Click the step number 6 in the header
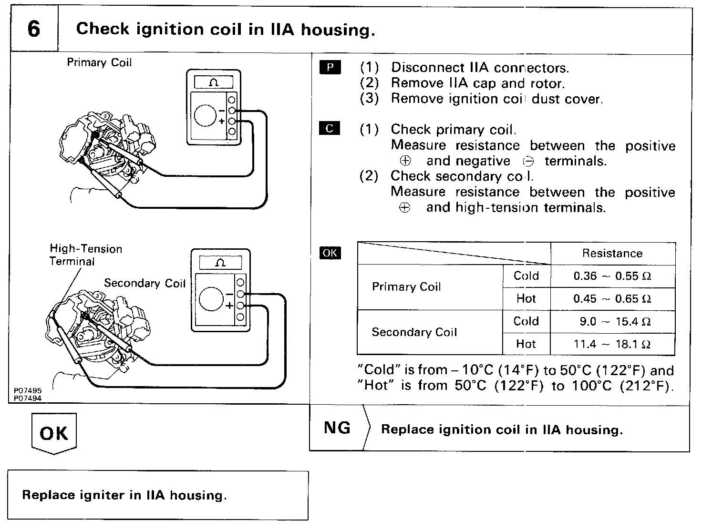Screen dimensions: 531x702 coord(34,29)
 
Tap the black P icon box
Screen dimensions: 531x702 coord(330,67)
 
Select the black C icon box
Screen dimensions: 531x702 coord(330,128)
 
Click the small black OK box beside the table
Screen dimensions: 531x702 coord(330,253)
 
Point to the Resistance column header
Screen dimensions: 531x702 coord(612,253)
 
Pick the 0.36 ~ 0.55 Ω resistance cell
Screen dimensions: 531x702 coord(612,276)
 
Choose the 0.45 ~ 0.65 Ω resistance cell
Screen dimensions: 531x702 coord(612,299)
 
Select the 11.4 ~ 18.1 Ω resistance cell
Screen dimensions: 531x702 coord(612,344)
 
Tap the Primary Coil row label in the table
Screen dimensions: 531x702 coord(406,287)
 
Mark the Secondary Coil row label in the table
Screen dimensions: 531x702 coord(414,332)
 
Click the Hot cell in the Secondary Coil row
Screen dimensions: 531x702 coord(526,344)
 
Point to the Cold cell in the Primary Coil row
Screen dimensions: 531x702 coord(526,276)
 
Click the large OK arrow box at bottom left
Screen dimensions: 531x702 coord(54,433)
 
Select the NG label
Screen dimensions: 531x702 coord(337,428)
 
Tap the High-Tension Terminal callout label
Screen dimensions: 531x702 coord(86,255)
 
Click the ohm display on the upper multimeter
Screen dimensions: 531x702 coord(214,82)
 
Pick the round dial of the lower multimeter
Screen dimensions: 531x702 coord(211,299)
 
